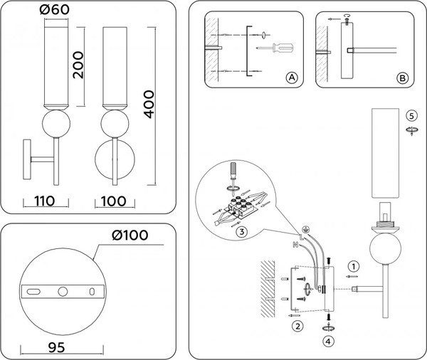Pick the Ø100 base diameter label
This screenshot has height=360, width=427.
coord(132,235)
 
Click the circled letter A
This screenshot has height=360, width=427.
coord(290,78)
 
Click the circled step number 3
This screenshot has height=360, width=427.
coord(242,232)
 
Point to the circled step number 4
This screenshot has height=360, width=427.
coord(329,341)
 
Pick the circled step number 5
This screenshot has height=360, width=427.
coord(411,116)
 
